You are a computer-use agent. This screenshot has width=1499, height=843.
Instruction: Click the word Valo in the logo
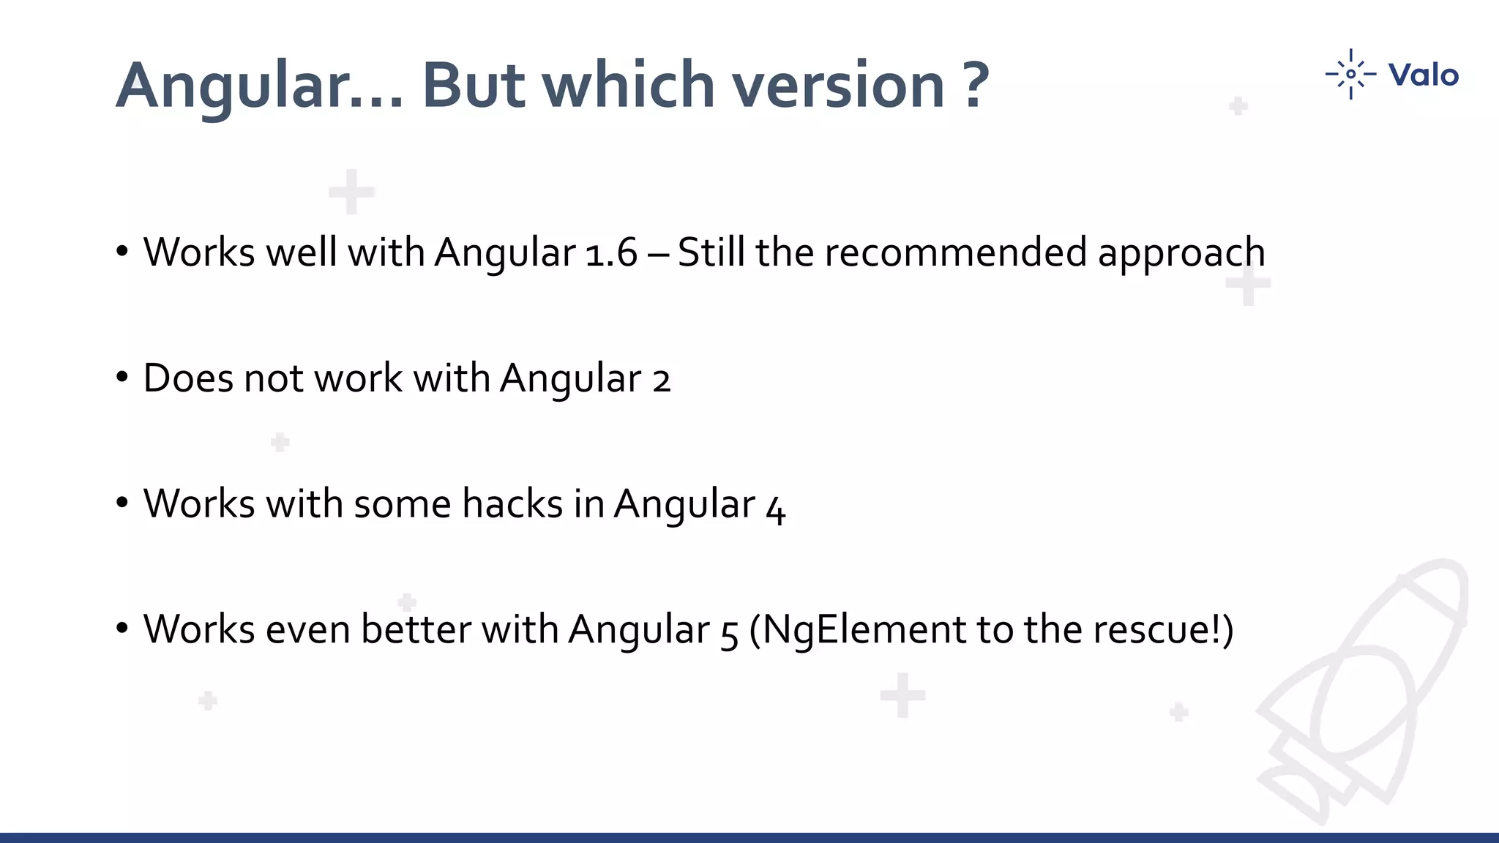1423,75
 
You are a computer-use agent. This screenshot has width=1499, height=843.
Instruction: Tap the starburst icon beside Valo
1350,74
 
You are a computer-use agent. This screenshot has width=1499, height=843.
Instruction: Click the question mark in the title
976,85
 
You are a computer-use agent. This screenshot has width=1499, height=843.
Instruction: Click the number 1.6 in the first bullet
612,253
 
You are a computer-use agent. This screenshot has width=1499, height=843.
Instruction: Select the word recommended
955,252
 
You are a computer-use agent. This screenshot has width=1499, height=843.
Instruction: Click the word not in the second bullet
273,379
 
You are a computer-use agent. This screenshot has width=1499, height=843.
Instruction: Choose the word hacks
512,504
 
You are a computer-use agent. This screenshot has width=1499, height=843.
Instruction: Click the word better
416,629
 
